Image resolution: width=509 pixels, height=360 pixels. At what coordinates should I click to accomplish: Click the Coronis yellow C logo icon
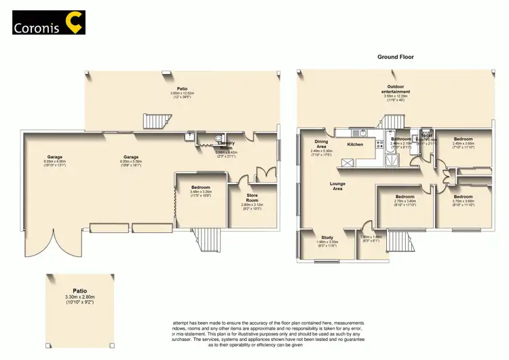point(73,24)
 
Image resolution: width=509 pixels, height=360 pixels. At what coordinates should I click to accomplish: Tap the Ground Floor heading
point(396,57)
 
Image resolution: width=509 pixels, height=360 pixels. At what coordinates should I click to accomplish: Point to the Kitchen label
point(356,145)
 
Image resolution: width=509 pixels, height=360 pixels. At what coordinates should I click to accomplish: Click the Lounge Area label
point(337,185)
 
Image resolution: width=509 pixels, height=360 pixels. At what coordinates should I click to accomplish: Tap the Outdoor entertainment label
point(398,89)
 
